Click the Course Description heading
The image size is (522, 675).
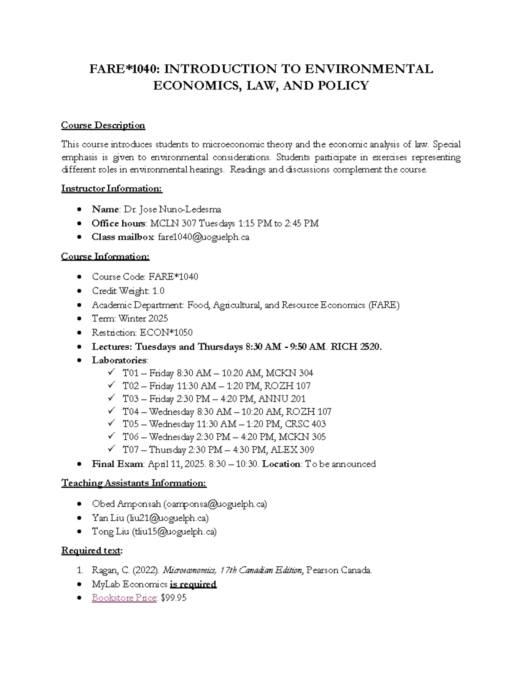103,126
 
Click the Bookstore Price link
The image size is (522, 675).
124,598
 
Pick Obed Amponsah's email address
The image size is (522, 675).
215,504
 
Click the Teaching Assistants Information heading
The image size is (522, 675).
134,483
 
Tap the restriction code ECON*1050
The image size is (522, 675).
166,333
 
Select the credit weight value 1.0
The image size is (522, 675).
158,291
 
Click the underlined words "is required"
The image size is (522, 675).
193,584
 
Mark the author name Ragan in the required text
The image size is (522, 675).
104,570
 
